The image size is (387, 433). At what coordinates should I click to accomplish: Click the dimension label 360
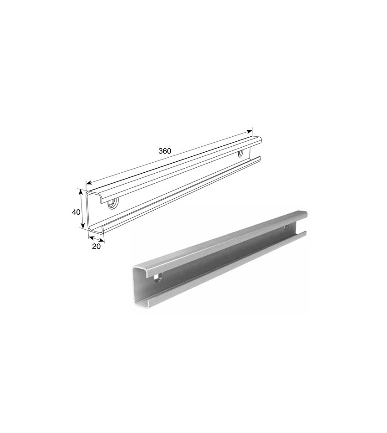(x=165, y=151)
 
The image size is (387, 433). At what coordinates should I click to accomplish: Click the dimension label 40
(x=76, y=212)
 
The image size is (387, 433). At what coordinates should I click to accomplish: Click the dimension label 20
(x=96, y=247)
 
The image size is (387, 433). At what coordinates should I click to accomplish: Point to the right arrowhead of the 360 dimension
(x=250, y=131)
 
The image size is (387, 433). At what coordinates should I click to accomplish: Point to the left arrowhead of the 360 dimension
(x=88, y=183)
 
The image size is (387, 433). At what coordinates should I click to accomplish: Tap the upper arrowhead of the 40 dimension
(x=81, y=191)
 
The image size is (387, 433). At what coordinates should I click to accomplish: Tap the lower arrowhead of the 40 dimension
(x=83, y=226)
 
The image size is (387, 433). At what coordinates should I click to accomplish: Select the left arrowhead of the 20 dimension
(x=91, y=237)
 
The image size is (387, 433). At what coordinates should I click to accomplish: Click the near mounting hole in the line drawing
(x=112, y=204)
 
